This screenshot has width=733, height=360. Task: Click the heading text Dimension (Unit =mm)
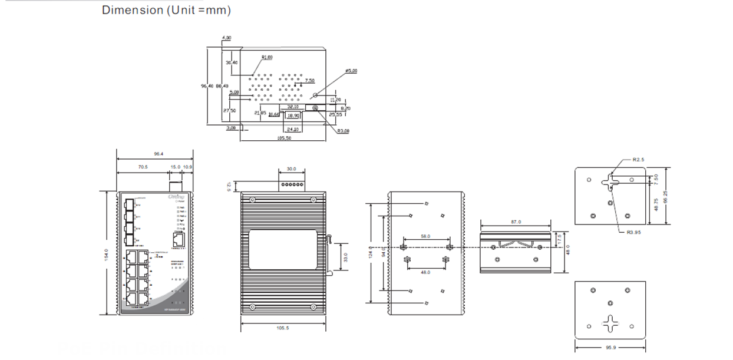(x=166, y=10)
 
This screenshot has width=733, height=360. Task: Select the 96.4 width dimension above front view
(x=158, y=154)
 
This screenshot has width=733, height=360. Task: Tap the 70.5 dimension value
(x=143, y=167)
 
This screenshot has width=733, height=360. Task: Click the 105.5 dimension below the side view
(x=283, y=328)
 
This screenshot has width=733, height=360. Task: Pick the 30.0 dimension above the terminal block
(x=292, y=169)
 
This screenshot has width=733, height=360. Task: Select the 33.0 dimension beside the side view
(x=346, y=257)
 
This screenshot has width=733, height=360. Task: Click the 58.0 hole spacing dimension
(x=425, y=236)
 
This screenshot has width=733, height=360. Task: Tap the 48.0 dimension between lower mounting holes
(x=425, y=272)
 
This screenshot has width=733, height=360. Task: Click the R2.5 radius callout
(x=639, y=160)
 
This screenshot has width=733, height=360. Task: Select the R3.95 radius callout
(x=634, y=232)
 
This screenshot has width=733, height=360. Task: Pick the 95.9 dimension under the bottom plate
(x=610, y=348)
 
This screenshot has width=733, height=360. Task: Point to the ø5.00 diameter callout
(x=351, y=71)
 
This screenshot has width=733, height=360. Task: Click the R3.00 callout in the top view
(x=343, y=131)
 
